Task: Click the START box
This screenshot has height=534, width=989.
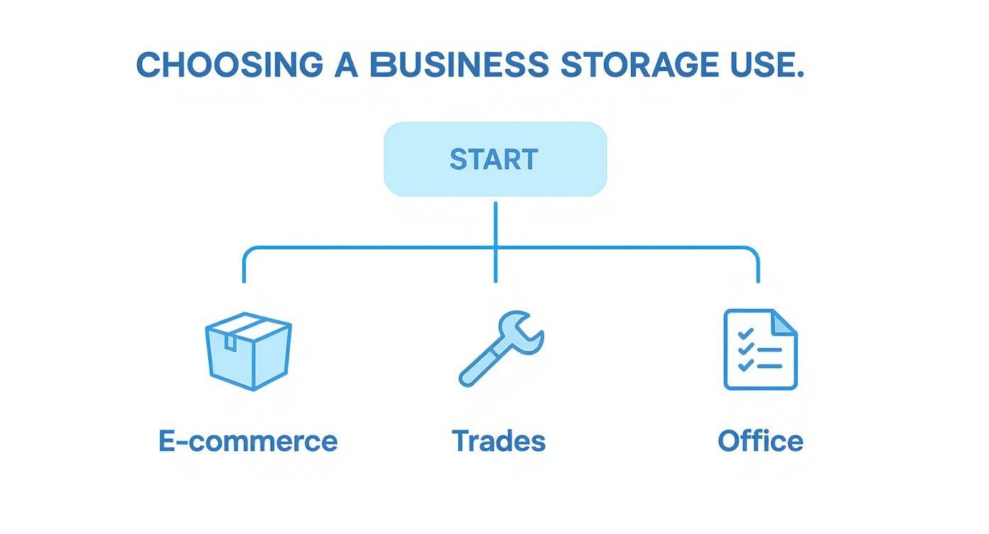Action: [x=495, y=159]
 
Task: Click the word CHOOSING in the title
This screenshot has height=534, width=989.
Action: [x=229, y=65]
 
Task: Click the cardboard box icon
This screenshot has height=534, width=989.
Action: [x=248, y=352]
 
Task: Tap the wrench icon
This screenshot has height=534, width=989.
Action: [x=500, y=348]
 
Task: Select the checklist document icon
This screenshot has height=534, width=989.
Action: [x=760, y=349]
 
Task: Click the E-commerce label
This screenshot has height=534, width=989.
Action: [x=248, y=441]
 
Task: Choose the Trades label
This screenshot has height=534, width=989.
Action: [x=499, y=441]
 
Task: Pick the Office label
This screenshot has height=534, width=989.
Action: [x=760, y=441]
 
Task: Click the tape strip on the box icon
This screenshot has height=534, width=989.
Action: [x=230, y=342]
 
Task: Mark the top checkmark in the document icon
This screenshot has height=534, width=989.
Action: [x=745, y=333]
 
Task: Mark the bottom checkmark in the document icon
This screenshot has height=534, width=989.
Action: [x=745, y=366]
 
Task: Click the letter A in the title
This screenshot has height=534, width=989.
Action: [x=346, y=65]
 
